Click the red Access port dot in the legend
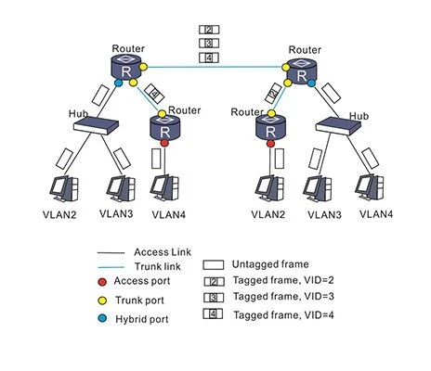click(102, 282)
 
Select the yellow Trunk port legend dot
click(102, 301)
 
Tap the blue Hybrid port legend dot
click(102, 318)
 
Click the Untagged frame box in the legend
click(213, 265)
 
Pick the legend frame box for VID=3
click(214, 298)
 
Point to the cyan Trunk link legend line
click(111, 267)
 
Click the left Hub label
click(78, 114)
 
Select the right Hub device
click(338, 126)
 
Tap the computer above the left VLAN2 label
click(64, 189)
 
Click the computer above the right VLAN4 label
click(370, 188)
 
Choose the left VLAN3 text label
click(116, 213)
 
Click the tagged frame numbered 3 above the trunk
click(209, 44)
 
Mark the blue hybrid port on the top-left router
click(118, 83)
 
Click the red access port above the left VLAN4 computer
click(164, 143)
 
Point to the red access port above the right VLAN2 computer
click(270, 144)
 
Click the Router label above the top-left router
click(128, 48)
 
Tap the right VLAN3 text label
click(324, 215)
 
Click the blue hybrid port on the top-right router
click(311, 83)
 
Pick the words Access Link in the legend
click(163, 252)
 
